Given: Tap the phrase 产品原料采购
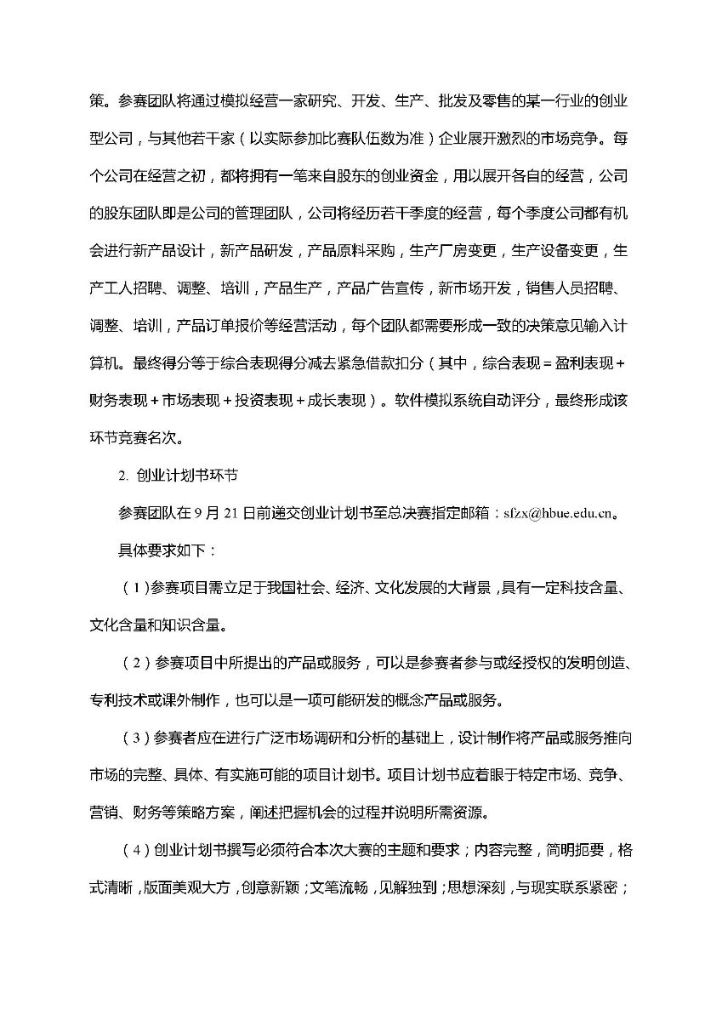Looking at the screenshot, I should pos(353,251).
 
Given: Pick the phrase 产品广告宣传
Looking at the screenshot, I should pos(382,288).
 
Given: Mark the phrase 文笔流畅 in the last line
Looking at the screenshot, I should pos(343,887).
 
